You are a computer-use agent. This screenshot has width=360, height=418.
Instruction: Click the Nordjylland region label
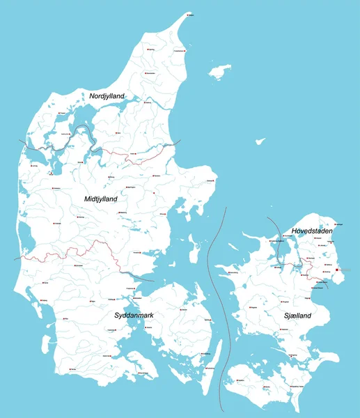[107, 95]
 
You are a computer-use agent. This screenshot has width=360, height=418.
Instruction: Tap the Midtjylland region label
[100, 199]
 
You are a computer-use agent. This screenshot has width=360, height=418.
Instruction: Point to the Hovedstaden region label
[311, 231]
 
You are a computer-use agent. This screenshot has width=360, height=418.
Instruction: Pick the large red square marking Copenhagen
[336, 270]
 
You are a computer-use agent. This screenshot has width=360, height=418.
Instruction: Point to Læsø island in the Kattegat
[220, 71]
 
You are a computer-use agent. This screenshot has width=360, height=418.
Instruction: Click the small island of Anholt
[260, 141]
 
